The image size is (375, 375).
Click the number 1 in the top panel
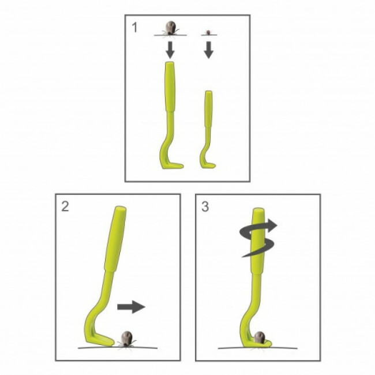135,27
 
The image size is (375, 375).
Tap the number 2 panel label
65,206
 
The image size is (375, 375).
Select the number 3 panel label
205,207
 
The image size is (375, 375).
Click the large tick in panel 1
170,29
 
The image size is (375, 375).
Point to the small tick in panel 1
209,32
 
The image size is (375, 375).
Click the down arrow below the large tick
170,50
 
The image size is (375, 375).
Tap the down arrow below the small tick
209,50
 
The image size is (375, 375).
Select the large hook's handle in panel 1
170,87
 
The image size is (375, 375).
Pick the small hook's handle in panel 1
208,109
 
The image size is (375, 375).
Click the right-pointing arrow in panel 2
131,307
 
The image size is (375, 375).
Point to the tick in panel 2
127,339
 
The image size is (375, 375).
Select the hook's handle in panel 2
115,239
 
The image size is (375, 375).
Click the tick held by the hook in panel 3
259,337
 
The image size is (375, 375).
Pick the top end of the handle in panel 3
258,210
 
